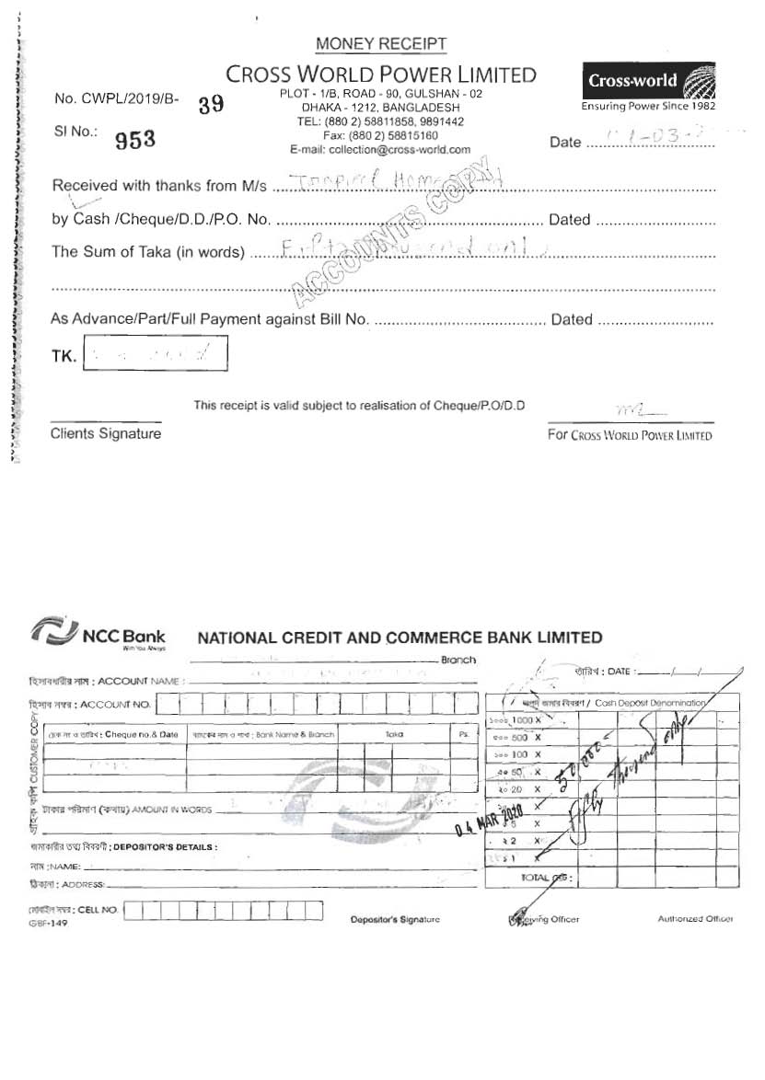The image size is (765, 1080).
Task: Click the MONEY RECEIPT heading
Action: (x=381, y=44)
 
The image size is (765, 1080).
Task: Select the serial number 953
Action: (x=135, y=140)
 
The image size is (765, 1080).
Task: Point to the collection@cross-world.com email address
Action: (x=380, y=149)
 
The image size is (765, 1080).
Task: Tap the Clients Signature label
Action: (x=105, y=433)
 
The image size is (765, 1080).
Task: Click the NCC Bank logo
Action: (x=99, y=634)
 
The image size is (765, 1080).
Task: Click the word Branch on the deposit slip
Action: (x=458, y=660)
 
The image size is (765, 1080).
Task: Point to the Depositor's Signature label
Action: (x=395, y=919)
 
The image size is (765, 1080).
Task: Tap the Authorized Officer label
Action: (x=695, y=919)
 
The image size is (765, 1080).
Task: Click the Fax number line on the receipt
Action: (x=380, y=135)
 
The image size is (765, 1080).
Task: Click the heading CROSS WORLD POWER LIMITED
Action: (x=380, y=75)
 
